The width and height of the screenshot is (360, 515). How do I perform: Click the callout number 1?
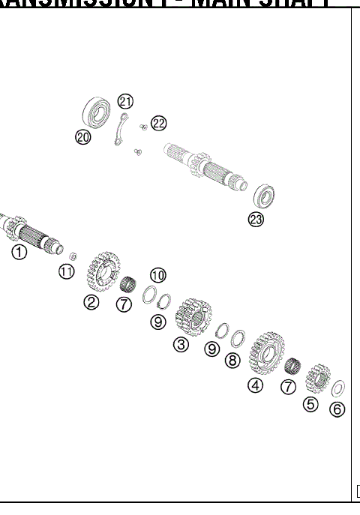pyautogui.click(x=19, y=252)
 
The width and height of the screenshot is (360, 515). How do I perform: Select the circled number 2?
pyautogui.click(x=91, y=302)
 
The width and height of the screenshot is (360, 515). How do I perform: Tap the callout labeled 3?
pyautogui.click(x=180, y=344)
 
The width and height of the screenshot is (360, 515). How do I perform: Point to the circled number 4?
pyautogui.click(x=256, y=385)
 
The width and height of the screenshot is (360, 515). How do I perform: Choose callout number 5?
pyautogui.click(x=310, y=404)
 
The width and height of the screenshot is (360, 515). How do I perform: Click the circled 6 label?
pyautogui.click(x=338, y=409)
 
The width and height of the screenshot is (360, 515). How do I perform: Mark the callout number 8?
pyautogui.click(x=232, y=361)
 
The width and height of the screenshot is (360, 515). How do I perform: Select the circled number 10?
pyautogui.click(x=158, y=275)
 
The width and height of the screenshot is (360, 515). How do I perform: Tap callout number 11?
pyautogui.click(x=67, y=271)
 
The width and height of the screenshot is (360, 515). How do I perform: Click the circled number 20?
pyautogui.click(x=82, y=136)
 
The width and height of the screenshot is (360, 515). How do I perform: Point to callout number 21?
pyautogui.click(x=125, y=102)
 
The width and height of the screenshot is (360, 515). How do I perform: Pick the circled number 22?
pyautogui.click(x=158, y=123)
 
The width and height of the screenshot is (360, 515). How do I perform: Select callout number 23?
pyautogui.click(x=256, y=220)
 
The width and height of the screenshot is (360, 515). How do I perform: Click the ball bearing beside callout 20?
pyautogui.click(x=96, y=115)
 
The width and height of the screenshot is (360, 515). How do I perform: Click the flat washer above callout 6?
pyautogui.click(x=338, y=388)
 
